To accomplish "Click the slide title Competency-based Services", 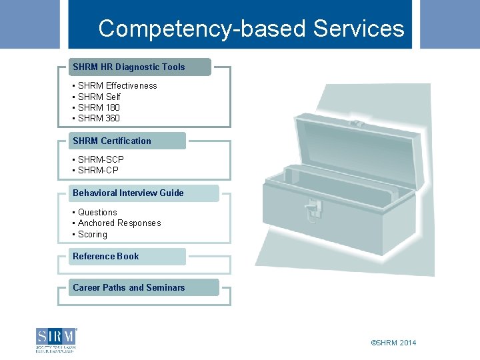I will [x=251, y=29].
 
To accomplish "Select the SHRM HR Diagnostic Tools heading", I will [x=129, y=67].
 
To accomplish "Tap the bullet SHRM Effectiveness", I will [x=117, y=85].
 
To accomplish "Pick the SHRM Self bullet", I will [x=99, y=97].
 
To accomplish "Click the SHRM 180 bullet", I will [x=99, y=107].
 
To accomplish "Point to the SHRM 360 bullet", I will [x=99, y=118].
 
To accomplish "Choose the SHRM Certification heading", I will [x=112, y=141].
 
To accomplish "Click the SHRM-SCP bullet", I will [x=101, y=159].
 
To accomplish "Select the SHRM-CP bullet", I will [x=98, y=170].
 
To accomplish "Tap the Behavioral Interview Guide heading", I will [x=128, y=193].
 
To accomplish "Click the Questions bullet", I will [x=97, y=212].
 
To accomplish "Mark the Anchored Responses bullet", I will [x=119, y=223].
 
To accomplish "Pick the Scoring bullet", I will [x=93, y=234].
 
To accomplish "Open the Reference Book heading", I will [x=106, y=256].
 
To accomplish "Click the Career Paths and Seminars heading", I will [x=129, y=287].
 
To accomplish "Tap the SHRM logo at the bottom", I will [x=57, y=340].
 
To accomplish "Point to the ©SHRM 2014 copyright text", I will [x=393, y=343].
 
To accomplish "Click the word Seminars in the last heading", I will [x=165, y=287].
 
